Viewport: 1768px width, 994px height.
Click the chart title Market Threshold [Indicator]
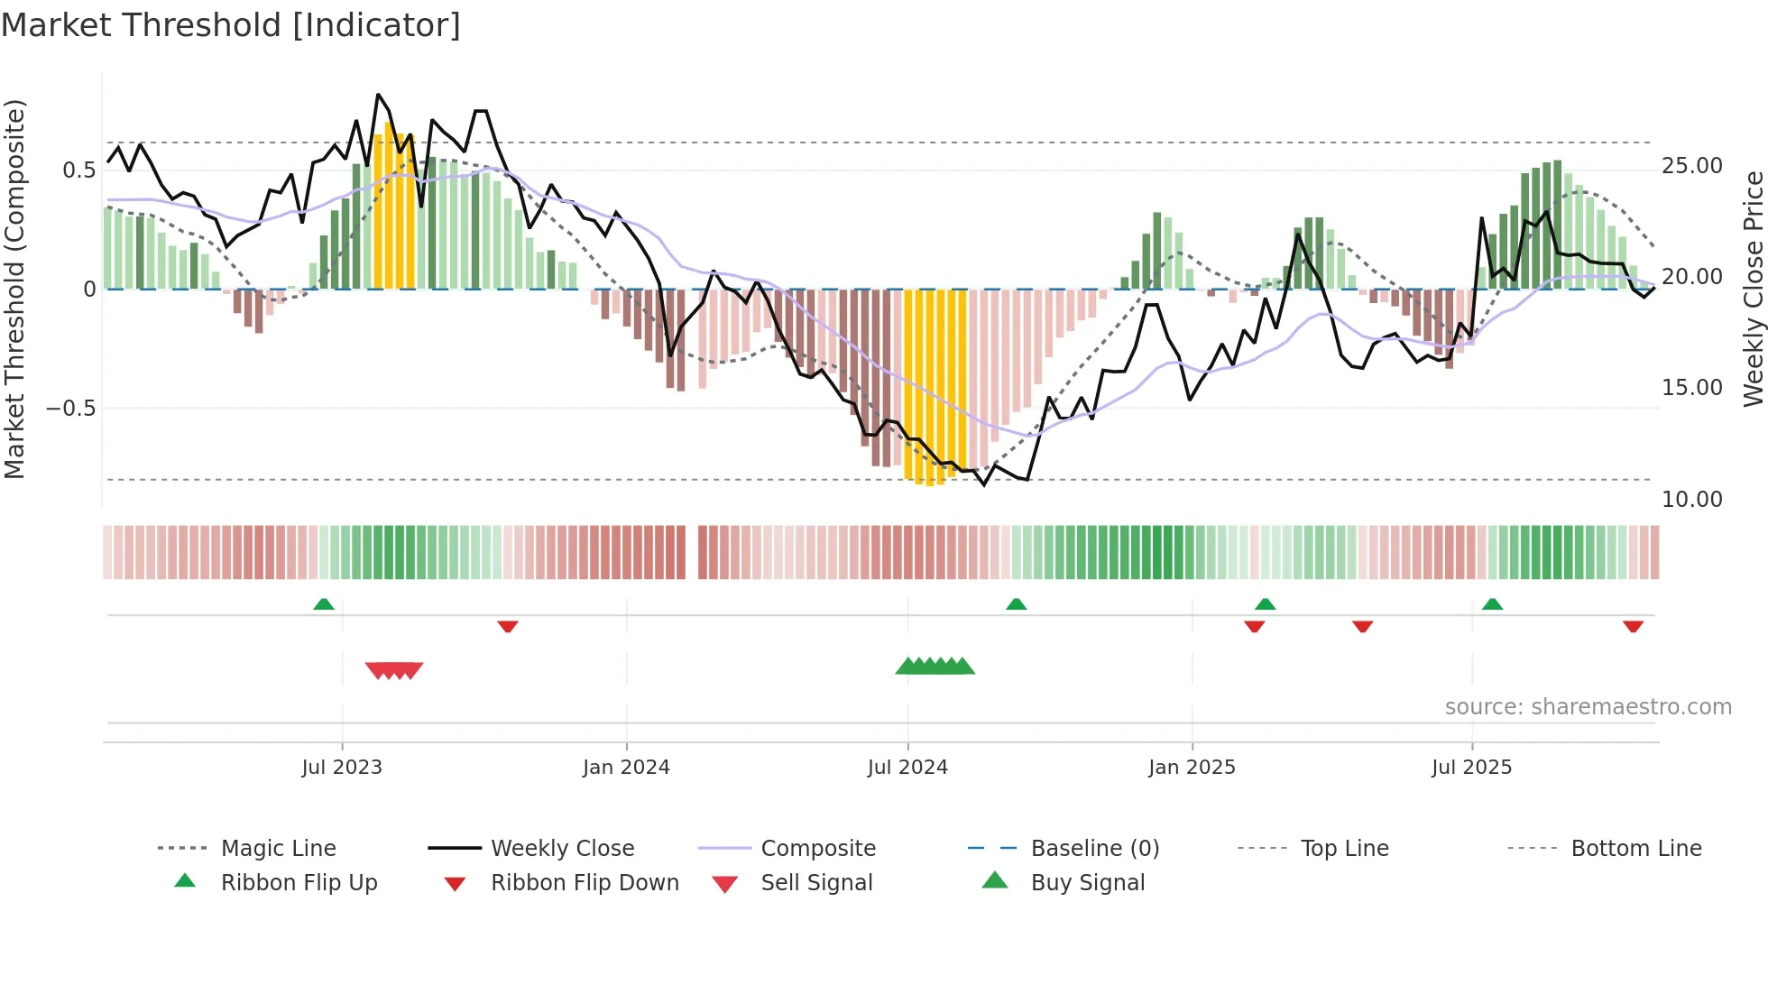pyautogui.click(x=231, y=25)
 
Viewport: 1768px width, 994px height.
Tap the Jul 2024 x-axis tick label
pyautogui.click(x=907, y=768)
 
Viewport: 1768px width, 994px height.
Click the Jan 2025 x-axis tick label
pyautogui.click(x=1192, y=768)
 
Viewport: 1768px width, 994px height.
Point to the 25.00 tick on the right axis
pyautogui.click(x=1691, y=166)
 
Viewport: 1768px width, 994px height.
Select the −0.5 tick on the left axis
pyautogui.click(x=70, y=409)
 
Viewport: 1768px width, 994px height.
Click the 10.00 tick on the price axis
pyautogui.click(x=1691, y=500)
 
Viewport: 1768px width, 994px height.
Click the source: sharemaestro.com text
pyautogui.click(x=1588, y=707)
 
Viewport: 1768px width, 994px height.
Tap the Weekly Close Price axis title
pyautogui.click(x=1753, y=289)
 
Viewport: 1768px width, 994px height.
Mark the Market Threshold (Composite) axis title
pyautogui.click(x=14, y=289)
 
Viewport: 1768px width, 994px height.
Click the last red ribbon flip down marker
pyautogui.click(x=1633, y=626)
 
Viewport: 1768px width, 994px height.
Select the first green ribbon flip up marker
pyautogui.click(x=324, y=604)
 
